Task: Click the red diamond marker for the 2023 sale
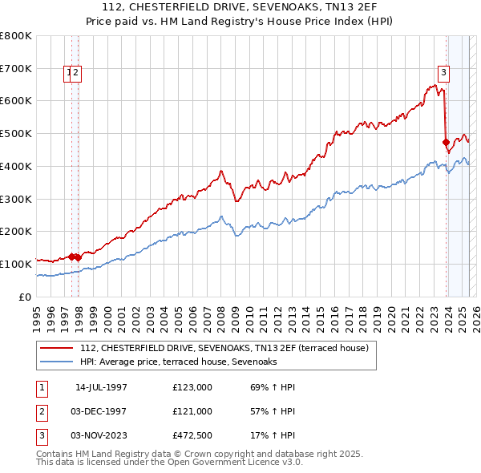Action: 446,143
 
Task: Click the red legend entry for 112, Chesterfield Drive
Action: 224,348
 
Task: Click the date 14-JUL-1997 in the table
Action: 101,387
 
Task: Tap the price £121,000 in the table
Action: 192,411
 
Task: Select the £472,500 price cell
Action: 192,435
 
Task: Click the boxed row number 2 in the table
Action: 41,411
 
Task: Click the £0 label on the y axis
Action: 24,297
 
